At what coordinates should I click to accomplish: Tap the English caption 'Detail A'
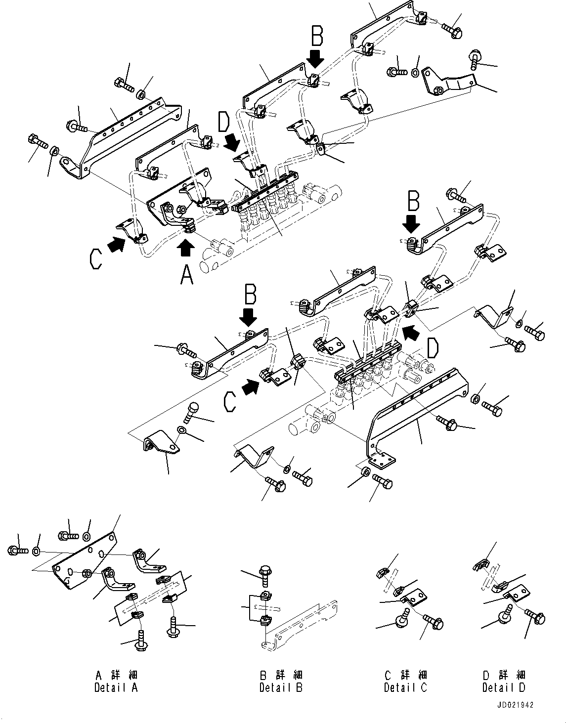[x=116, y=687]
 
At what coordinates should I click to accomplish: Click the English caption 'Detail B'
[x=281, y=687]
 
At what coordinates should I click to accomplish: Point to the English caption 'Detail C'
[x=405, y=687]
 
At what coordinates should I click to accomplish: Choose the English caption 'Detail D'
[x=504, y=687]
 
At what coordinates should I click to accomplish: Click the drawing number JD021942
[x=516, y=705]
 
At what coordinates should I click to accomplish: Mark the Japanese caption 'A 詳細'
[x=116, y=675]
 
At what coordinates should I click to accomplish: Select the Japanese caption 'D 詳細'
[x=504, y=675]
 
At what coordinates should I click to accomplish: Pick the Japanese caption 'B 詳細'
[x=281, y=675]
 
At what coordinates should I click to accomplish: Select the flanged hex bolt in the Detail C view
[x=434, y=622]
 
